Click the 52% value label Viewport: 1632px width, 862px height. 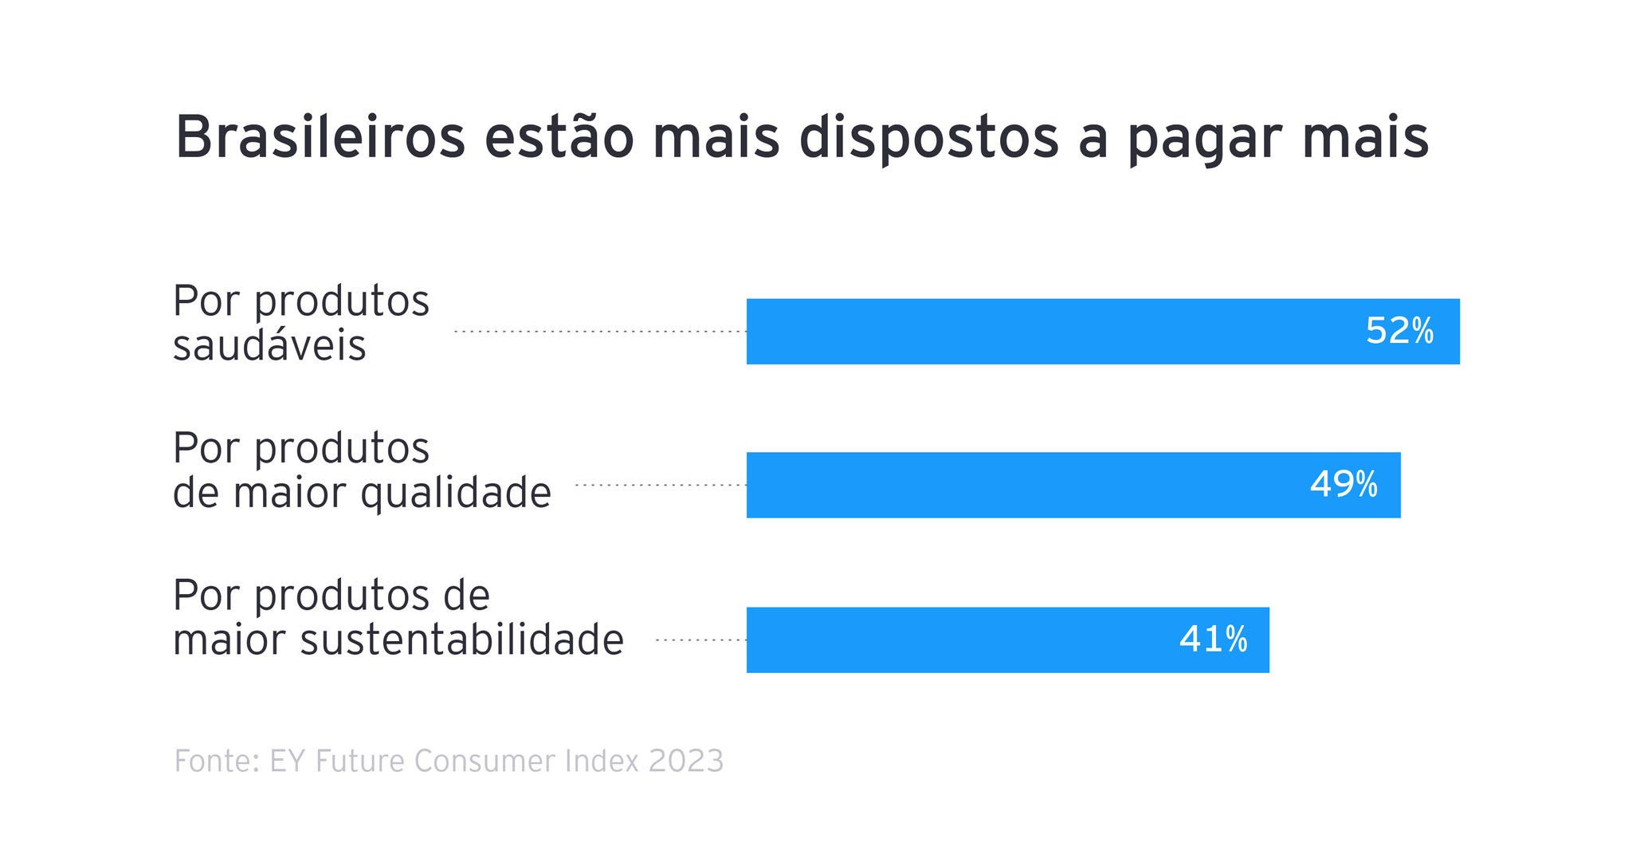pyautogui.click(x=1399, y=331)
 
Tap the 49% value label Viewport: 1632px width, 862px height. pyautogui.click(x=1344, y=485)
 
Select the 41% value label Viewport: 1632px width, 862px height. pyautogui.click(x=1213, y=640)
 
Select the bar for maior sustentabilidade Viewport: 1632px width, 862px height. pyautogui.click(x=956, y=640)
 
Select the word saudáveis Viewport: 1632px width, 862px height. pyautogui.click(x=269, y=346)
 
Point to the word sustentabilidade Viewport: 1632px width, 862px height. pyautogui.click(x=461, y=640)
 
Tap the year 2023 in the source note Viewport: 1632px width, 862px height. pyautogui.click(x=686, y=761)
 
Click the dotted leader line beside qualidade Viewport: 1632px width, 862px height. pyautogui.click(x=661, y=485)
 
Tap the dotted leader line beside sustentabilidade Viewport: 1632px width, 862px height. pyautogui.click(x=700, y=640)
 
